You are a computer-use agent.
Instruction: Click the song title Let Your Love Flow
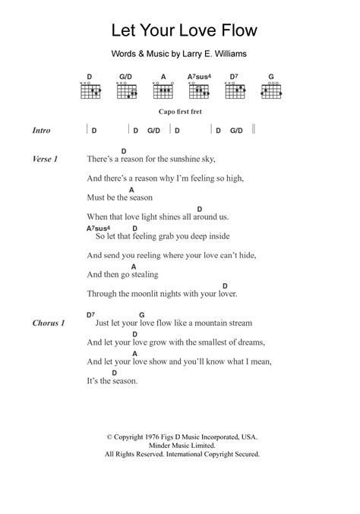point(179,31)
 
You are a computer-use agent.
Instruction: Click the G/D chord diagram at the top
point(126,90)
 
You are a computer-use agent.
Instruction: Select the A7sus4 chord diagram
point(198,90)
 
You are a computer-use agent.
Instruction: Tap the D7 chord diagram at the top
point(235,90)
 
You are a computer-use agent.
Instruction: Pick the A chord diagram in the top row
point(162,90)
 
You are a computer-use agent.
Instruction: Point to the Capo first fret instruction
point(179,111)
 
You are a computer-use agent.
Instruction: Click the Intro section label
point(42,130)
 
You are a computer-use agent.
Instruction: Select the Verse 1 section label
point(46,159)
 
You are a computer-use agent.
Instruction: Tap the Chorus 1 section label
point(49,323)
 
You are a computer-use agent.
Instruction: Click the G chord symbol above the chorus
point(141,314)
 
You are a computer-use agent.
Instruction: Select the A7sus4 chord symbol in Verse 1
point(99,228)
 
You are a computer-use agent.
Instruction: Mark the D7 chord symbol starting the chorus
point(91,314)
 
